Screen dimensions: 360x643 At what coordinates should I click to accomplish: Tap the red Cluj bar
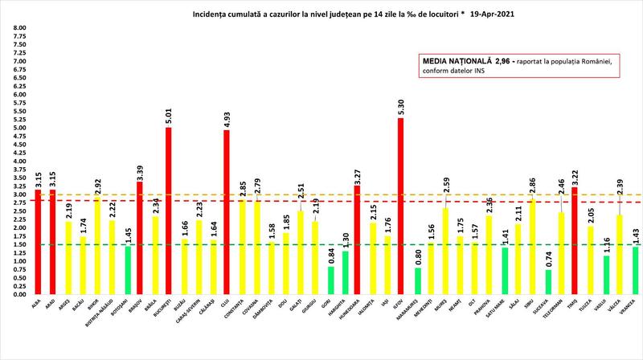226,212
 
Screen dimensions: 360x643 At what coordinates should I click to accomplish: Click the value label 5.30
400,106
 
